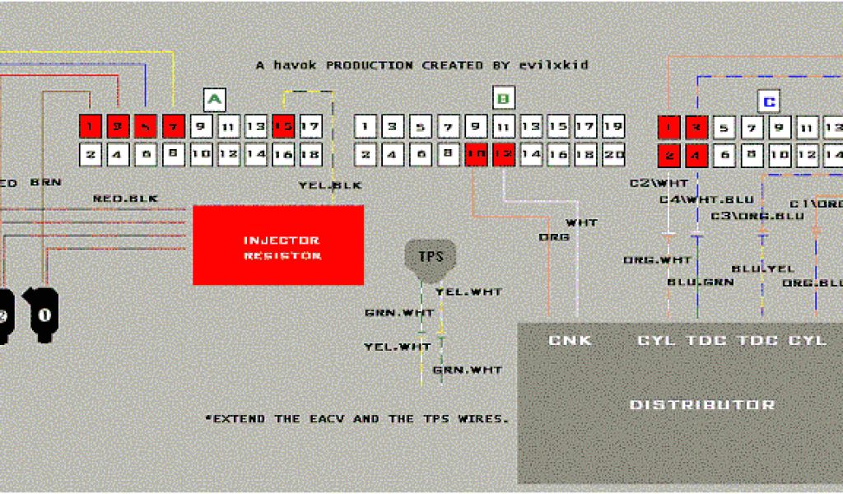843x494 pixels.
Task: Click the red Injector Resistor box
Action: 278,245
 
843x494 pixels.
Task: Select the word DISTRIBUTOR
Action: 701,405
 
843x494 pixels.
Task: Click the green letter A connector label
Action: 214,100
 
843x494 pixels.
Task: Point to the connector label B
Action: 503,100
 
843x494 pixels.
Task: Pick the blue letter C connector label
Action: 768,102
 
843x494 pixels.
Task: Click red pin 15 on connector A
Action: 283,127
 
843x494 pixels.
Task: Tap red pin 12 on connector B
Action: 505,153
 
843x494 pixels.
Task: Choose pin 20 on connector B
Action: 613,153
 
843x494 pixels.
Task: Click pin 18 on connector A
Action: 310,153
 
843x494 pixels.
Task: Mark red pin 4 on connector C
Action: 696,154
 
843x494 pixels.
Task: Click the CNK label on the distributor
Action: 570,340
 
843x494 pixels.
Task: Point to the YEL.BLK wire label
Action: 330,185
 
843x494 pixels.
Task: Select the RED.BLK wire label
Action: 125,198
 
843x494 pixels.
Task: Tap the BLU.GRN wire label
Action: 701,282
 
